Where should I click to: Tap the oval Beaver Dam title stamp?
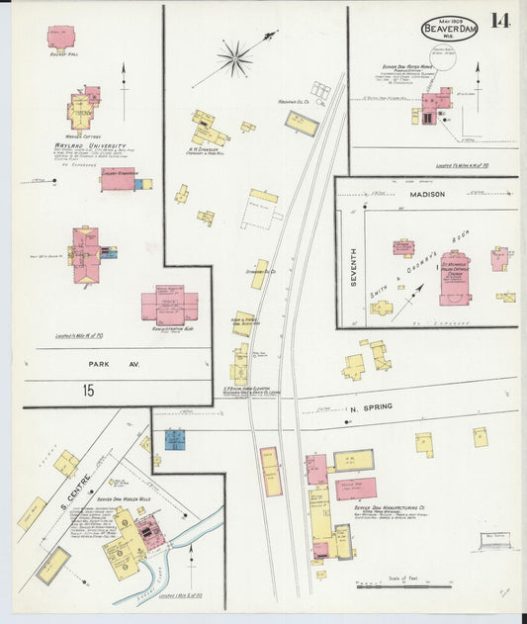(449, 29)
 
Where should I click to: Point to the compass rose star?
(235, 58)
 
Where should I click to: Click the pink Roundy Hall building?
(61, 38)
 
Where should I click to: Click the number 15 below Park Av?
(88, 392)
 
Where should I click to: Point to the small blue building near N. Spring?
(175, 438)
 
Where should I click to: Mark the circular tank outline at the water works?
(445, 64)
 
